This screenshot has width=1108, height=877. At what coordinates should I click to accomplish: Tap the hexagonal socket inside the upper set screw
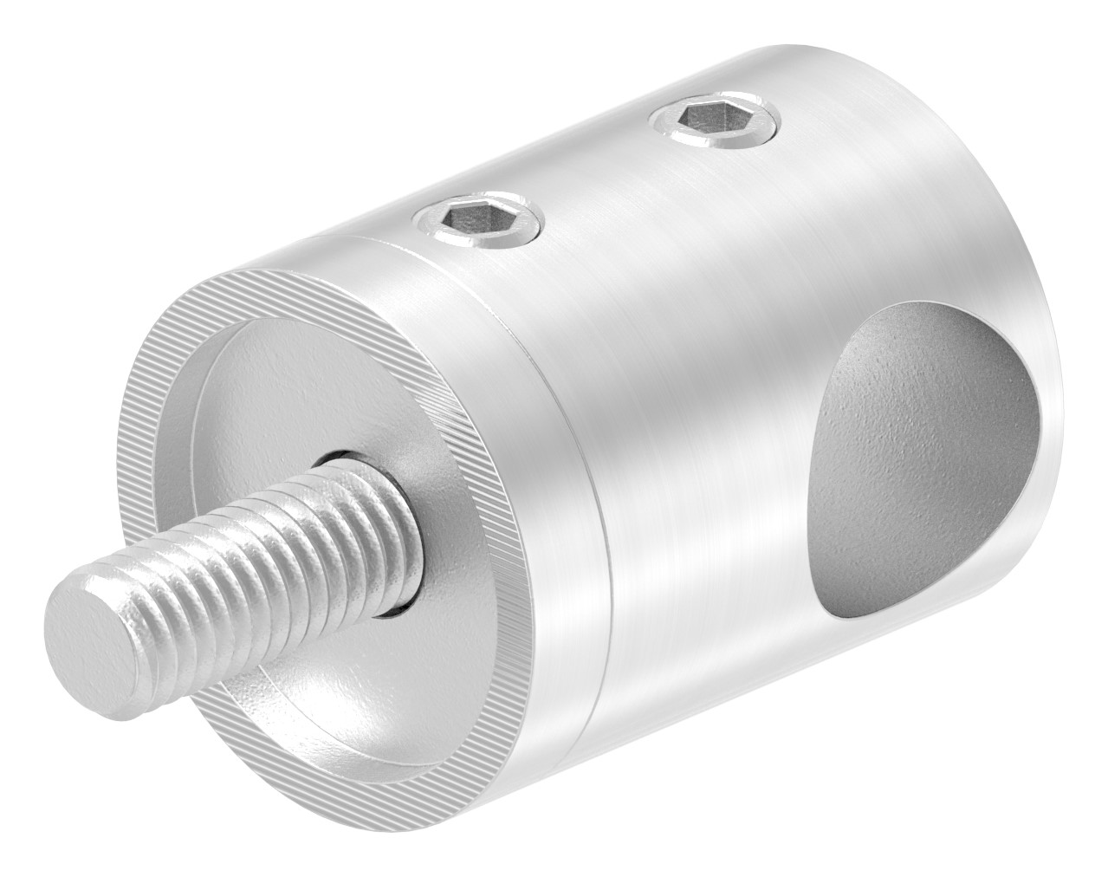pos(698,116)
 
